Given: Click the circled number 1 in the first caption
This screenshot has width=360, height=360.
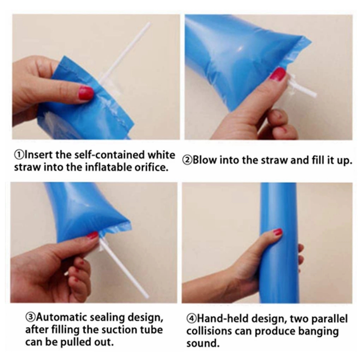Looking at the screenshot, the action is point(19,155).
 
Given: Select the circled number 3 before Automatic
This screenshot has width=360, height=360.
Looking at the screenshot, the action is point(30,317).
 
